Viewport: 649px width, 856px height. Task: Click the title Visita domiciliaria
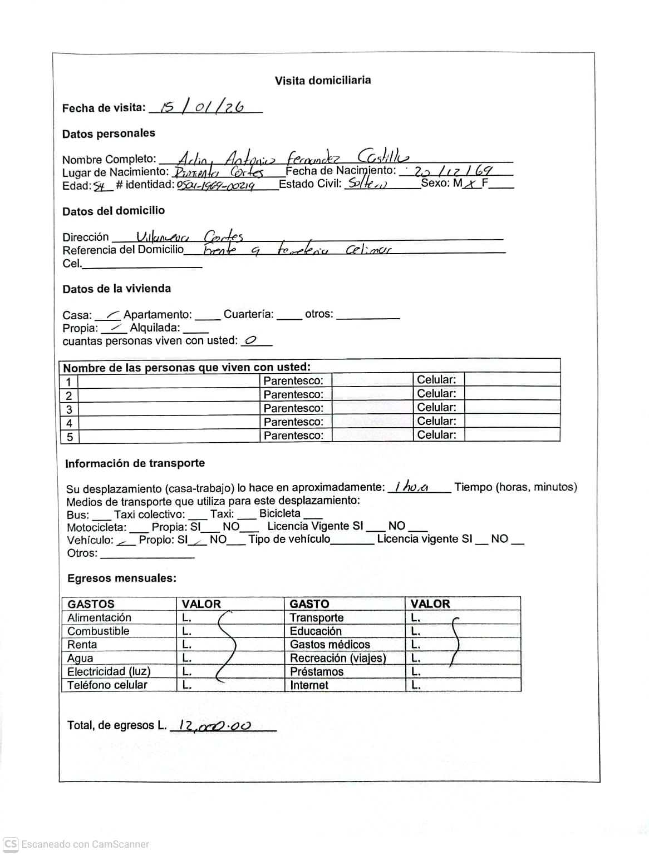coord(322,80)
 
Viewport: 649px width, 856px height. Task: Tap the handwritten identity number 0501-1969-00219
coord(215,185)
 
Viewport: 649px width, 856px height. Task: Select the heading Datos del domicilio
coord(114,211)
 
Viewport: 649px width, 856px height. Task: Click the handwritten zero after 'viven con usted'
coord(250,340)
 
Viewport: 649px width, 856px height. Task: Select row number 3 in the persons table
coord(69,409)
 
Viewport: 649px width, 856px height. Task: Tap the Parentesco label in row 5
coord(293,436)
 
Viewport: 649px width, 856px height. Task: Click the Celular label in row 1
coord(436,380)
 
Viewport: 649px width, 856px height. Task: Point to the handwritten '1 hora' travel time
coord(411,487)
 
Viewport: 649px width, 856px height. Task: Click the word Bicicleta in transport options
coord(280,513)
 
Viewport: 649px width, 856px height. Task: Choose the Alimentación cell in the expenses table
coord(100,617)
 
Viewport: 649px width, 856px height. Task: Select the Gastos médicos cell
coord(330,645)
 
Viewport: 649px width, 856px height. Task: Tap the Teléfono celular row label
coord(107,685)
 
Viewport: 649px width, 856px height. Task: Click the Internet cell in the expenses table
coord(309,685)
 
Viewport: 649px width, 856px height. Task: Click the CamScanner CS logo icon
coord(11,844)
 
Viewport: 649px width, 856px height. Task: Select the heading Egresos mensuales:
coord(122,578)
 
